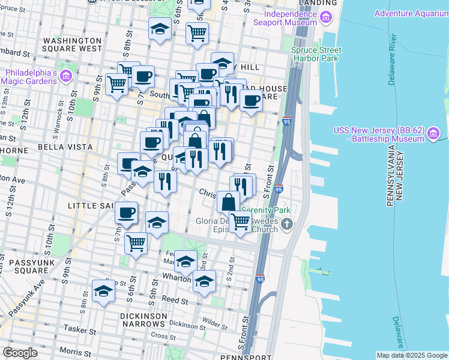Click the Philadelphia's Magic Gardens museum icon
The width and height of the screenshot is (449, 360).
[x=65, y=76]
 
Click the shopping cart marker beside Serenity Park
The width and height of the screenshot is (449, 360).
[x=241, y=221]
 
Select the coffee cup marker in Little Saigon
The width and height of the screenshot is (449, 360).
[x=126, y=212]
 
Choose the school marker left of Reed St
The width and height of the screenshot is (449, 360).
[x=104, y=292]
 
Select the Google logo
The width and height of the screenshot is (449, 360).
[x=20, y=353]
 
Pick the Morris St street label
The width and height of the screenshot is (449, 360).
[x=75, y=350]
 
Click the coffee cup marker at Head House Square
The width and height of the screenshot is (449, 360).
[x=251, y=100]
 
